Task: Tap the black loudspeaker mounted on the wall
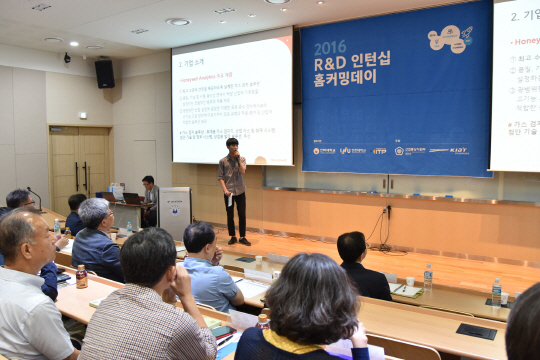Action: tap(104, 73)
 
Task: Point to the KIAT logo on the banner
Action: tap(458, 150)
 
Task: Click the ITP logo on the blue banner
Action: tap(380, 151)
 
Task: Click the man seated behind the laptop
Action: tap(148, 197)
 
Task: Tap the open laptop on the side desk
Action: tap(131, 199)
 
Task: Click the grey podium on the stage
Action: tap(174, 212)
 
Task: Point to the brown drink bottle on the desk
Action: tap(82, 276)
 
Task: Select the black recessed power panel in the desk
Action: tap(476, 331)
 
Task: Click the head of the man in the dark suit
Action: tap(351, 246)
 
